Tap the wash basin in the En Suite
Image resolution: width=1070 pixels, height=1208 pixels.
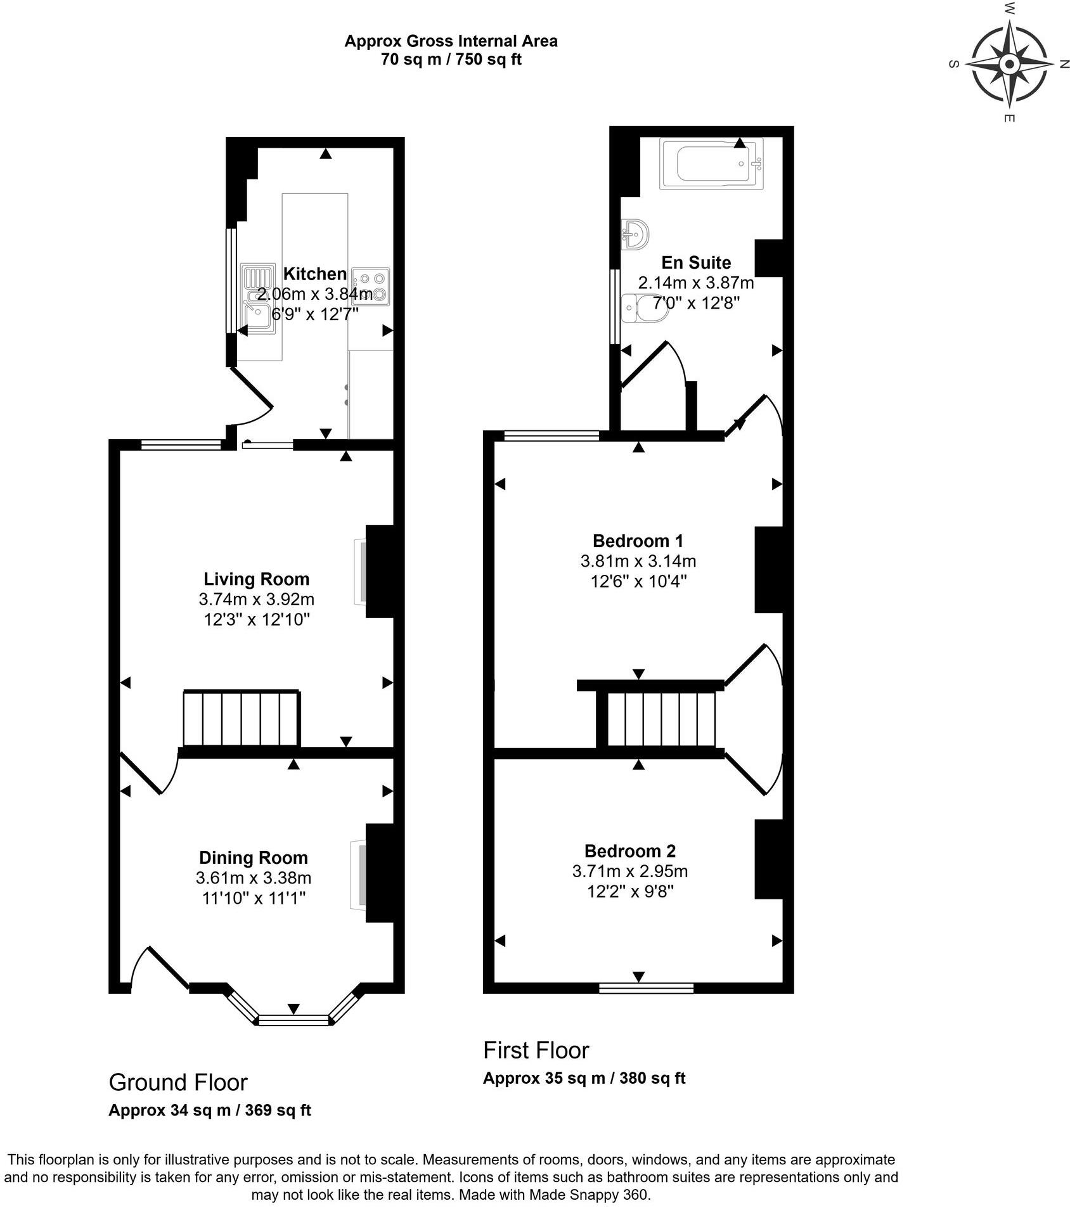pyautogui.click(x=635, y=234)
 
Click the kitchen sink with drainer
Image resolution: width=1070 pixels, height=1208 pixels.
pyautogui.click(x=257, y=299)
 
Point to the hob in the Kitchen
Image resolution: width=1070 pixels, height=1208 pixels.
pyautogui.click(x=371, y=286)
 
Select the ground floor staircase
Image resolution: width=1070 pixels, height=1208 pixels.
pyautogui.click(x=241, y=719)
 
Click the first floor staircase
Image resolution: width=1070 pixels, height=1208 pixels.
pyautogui.click(x=661, y=719)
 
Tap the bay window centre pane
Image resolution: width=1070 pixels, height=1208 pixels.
pyautogui.click(x=294, y=1019)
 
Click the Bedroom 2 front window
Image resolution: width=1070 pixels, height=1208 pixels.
pyautogui.click(x=646, y=987)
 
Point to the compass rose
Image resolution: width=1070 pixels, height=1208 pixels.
pyautogui.click(x=1009, y=64)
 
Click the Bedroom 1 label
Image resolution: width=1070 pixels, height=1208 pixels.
pyautogui.click(x=638, y=541)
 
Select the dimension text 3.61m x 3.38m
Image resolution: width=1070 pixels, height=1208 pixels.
pyautogui.click(x=254, y=878)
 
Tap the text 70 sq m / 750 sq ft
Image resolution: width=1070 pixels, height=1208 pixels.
pyautogui.click(x=451, y=60)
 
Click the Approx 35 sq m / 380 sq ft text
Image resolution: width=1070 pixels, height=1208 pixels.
pyautogui.click(x=584, y=1077)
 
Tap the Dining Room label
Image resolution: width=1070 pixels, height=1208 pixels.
pyautogui.click(x=254, y=858)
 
